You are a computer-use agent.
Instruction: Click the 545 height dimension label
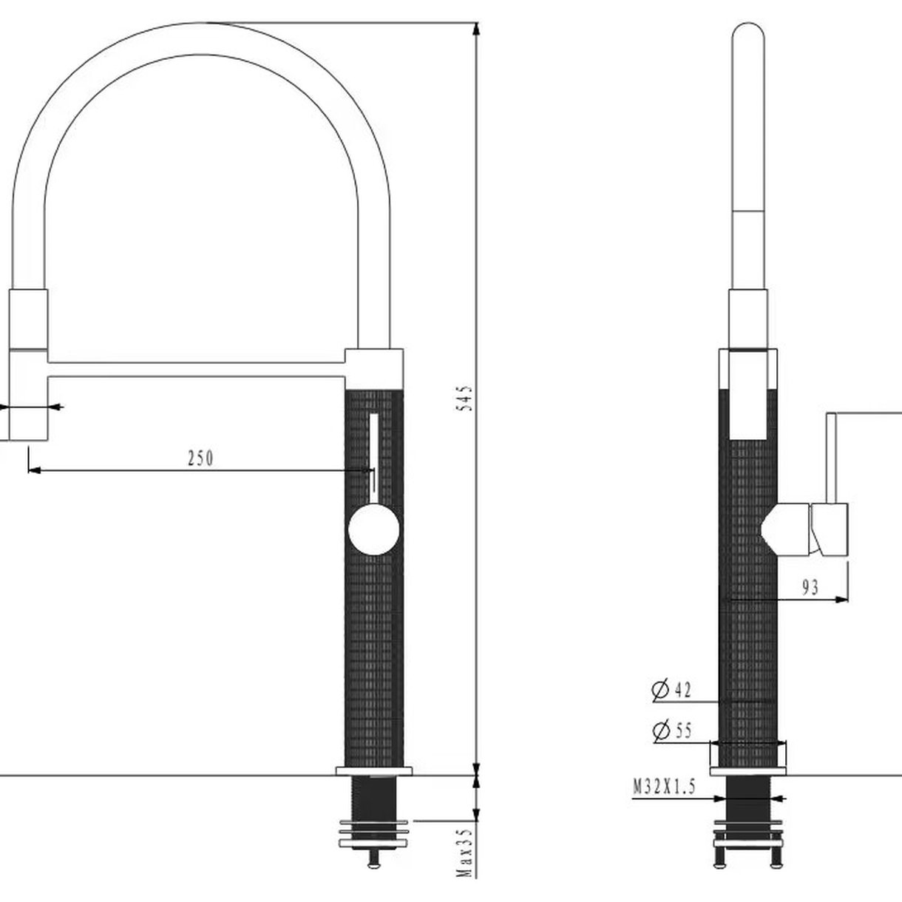(x=464, y=399)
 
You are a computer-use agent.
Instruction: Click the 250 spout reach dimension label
(x=200, y=458)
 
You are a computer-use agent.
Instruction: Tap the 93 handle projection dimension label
(x=810, y=587)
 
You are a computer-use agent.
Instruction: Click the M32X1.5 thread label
(x=664, y=787)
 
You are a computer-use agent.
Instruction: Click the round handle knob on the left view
(x=374, y=529)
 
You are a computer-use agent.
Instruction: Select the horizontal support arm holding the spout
(x=197, y=370)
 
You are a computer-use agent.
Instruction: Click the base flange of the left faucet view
(x=374, y=771)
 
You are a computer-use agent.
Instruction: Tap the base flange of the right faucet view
(x=748, y=771)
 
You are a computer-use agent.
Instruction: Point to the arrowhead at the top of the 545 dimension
(x=477, y=29)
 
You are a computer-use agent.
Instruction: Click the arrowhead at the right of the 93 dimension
(x=841, y=599)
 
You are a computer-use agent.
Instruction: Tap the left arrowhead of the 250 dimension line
(x=35, y=470)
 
